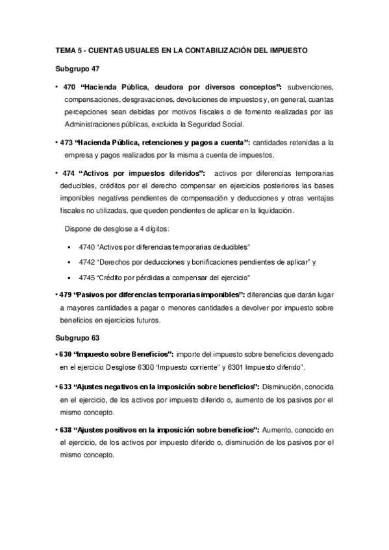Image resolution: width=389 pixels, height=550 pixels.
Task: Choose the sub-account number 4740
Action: (x=86, y=247)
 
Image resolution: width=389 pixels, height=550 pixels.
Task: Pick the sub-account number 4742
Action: (x=86, y=262)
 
